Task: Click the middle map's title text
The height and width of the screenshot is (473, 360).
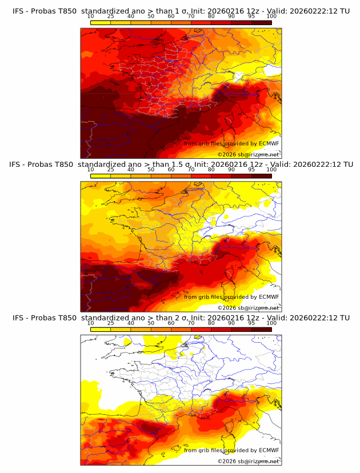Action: pos(181,165)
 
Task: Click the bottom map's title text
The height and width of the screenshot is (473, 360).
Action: pos(181,318)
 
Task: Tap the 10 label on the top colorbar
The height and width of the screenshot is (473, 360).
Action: pos(90,17)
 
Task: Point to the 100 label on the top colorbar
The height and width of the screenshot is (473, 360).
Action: pos(271,17)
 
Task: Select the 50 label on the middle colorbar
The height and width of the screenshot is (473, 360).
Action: pos(151,170)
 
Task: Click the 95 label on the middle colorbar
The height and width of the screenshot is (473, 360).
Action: pos(251,170)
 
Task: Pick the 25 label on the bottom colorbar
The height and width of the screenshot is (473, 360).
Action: pos(110,323)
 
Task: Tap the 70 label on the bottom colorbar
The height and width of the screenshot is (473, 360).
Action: pos(191,323)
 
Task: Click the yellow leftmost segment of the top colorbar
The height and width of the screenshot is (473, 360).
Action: pos(100,22)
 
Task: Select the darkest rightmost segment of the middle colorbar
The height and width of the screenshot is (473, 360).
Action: pos(261,176)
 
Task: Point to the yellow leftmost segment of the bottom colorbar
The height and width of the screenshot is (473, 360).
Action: pos(100,329)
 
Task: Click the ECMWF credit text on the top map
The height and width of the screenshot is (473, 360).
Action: pos(231,143)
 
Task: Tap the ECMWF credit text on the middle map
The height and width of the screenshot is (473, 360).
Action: pos(231,296)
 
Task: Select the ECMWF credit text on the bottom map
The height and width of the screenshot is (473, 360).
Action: pos(231,450)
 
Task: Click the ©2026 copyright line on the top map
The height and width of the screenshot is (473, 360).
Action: pos(248,154)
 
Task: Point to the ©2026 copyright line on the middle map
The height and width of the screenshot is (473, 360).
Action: pos(248,307)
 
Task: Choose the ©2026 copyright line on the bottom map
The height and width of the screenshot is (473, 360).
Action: pos(248,461)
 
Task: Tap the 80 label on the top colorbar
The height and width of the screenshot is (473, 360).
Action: pos(211,17)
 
